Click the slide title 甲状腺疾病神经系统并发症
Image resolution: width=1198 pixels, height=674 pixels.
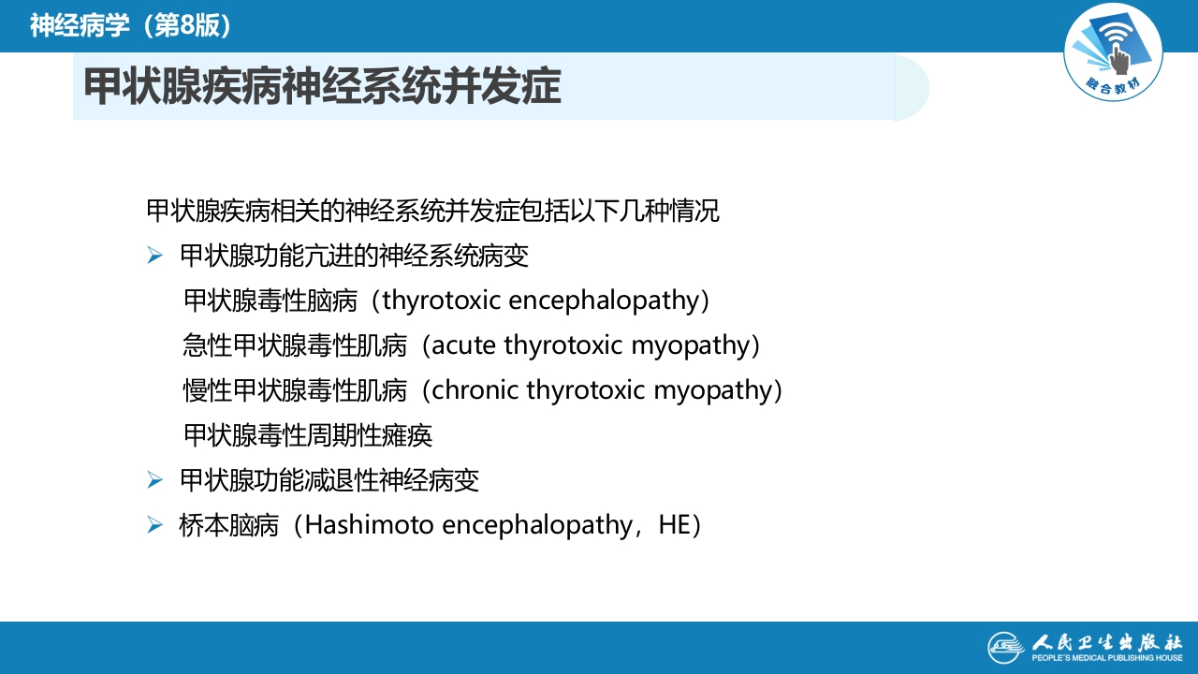click(323, 87)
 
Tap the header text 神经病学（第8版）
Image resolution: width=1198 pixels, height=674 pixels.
click(130, 25)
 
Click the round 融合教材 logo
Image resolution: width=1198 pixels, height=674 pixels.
click(1113, 51)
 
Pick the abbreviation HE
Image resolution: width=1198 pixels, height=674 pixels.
click(673, 525)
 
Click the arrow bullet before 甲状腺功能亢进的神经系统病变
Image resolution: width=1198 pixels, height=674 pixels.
click(155, 256)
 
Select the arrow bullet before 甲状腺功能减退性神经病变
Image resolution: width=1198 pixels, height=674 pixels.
click(155, 481)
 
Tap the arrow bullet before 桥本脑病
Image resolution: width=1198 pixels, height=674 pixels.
click(155, 526)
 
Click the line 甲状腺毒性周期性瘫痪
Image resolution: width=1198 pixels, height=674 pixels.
click(308, 435)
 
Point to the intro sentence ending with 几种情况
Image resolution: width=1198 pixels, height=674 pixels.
click(433, 211)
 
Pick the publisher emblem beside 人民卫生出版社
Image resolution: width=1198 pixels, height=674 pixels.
click(1007, 647)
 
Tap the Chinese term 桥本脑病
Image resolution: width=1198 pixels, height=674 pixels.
click(228, 525)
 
